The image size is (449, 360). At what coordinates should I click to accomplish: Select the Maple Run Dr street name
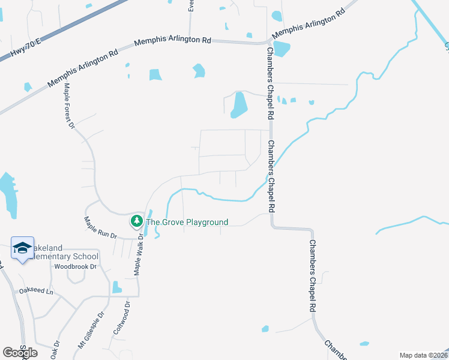click(x=100, y=228)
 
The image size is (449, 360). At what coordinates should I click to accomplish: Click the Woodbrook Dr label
click(x=75, y=266)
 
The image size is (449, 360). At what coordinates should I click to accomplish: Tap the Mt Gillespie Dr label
click(x=91, y=331)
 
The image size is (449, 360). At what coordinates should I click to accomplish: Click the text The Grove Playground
click(x=187, y=223)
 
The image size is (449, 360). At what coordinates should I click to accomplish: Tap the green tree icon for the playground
click(x=137, y=221)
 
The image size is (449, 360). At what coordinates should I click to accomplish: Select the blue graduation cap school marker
click(x=23, y=248)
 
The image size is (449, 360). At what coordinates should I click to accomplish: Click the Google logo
click(x=20, y=353)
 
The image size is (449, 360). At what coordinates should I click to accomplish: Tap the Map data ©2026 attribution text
click(x=423, y=355)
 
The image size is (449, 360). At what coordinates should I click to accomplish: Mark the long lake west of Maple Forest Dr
click(x=8, y=193)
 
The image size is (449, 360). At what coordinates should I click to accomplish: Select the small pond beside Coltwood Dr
click(x=116, y=287)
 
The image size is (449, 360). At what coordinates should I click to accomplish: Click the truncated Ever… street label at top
click(x=191, y=5)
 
